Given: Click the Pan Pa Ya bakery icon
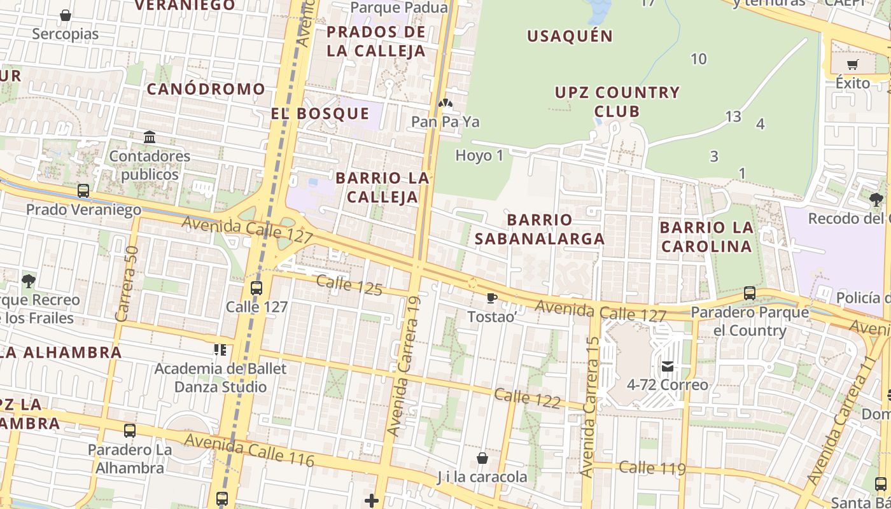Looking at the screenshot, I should (x=445, y=102).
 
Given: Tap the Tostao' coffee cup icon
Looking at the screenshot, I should (x=491, y=298).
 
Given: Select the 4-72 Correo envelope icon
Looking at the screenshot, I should (x=667, y=366).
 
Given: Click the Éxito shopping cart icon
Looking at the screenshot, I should (x=852, y=64).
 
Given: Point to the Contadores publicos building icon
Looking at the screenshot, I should (x=150, y=137).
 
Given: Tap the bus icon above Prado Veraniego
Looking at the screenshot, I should (x=83, y=190).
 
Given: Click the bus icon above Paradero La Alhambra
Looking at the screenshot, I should (x=130, y=431).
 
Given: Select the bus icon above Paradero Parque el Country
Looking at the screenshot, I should (x=750, y=293).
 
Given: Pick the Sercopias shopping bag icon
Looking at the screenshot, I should (x=65, y=15).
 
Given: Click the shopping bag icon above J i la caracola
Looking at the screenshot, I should (x=482, y=458).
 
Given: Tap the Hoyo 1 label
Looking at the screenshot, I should (x=479, y=155).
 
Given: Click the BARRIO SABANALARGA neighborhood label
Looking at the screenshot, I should (x=540, y=229).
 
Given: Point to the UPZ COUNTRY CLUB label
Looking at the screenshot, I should (x=617, y=102).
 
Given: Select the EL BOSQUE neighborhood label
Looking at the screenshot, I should (x=320, y=114).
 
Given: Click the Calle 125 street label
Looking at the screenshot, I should (x=349, y=285).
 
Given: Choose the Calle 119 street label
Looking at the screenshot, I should (x=652, y=468).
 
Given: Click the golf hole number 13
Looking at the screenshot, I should (x=733, y=116).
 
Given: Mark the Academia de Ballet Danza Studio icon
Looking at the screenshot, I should (x=220, y=349).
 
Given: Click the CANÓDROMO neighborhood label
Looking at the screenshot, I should (x=206, y=89).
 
